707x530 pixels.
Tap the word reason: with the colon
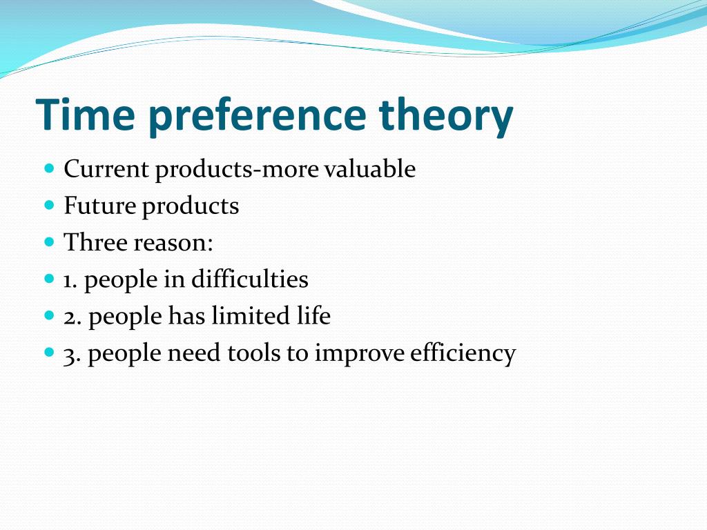[173, 243]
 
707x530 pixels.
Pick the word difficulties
[249, 280]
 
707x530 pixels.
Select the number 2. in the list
[72, 317]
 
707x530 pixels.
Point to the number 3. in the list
[72, 354]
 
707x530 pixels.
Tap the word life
[313, 317]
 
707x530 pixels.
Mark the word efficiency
[463, 354]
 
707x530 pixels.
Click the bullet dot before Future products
[48, 206]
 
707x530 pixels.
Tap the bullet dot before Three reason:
[48, 243]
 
